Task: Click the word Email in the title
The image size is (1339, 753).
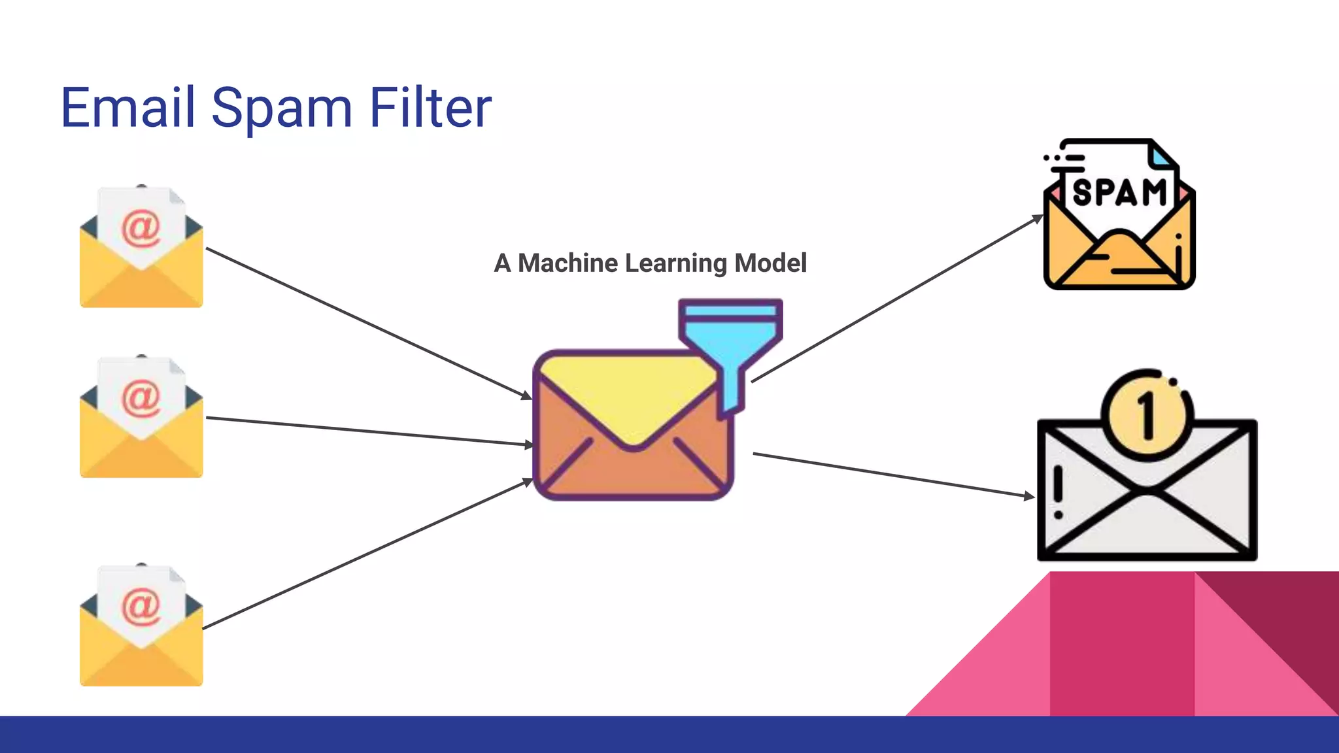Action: [127, 107]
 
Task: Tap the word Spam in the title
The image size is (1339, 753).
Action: [281, 109]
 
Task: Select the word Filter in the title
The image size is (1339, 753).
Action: [430, 107]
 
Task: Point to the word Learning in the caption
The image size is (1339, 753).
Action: [675, 263]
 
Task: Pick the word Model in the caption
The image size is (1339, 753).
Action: [770, 263]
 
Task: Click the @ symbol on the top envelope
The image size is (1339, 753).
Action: [141, 228]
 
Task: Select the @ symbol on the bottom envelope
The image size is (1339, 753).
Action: [141, 606]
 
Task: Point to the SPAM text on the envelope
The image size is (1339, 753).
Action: [1119, 193]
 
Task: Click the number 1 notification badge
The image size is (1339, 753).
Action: [1147, 415]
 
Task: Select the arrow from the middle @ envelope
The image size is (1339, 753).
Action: [369, 431]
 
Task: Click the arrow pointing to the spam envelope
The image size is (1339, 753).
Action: [896, 299]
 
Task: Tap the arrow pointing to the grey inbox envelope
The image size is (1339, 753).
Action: [892, 475]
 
